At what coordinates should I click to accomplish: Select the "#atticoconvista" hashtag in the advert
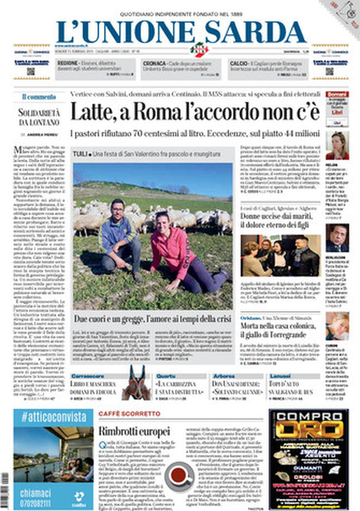pyautogui.click(x=54, y=417)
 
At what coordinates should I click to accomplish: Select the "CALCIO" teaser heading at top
pyautogui.click(x=239, y=64)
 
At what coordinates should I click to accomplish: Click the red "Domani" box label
pyautogui.click(x=337, y=94)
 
